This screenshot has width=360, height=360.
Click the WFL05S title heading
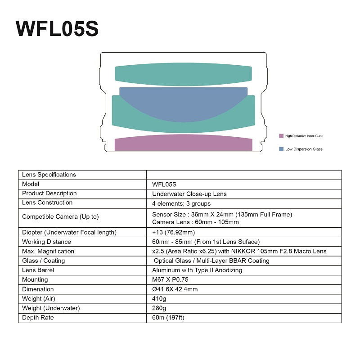[57, 29]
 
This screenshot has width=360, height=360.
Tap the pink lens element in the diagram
[183, 143]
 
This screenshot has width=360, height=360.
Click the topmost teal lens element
[183, 74]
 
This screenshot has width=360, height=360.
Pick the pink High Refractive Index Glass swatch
[281, 136]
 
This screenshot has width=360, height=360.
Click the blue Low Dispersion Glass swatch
[281, 149]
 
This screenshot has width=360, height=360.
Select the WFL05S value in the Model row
[164, 184]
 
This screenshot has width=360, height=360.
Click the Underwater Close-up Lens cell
[189, 193]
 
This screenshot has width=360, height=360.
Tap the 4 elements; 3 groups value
[181, 203]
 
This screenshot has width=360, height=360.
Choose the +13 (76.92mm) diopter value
[174, 232]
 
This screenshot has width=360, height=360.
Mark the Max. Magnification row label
[48, 251]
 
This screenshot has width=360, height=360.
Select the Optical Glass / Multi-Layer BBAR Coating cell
[211, 261]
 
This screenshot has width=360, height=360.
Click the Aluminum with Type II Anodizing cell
[197, 270]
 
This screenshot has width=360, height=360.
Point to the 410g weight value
[159, 298]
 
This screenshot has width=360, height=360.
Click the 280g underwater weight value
[159, 308]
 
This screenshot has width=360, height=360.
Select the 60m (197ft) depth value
[168, 318]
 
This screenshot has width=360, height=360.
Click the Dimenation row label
[38, 289]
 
